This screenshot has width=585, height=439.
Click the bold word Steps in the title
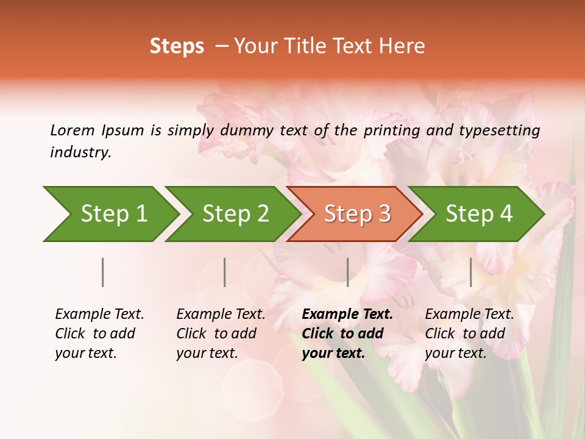(177, 46)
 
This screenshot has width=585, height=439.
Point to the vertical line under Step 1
(103, 272)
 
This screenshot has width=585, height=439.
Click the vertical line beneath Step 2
(225, 272)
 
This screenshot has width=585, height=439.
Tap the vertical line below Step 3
(347, 272)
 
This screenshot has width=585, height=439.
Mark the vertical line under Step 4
(471, 272)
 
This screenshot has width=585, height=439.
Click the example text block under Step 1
(99, 334)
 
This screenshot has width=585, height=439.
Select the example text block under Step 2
(221, 334)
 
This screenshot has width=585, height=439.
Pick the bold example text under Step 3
(347, 334)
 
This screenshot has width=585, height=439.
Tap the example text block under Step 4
(469, 334)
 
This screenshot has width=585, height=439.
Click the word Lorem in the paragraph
(73, 130)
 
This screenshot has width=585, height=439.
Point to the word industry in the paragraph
(80, 152)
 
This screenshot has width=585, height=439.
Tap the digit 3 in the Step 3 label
(384, 213)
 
